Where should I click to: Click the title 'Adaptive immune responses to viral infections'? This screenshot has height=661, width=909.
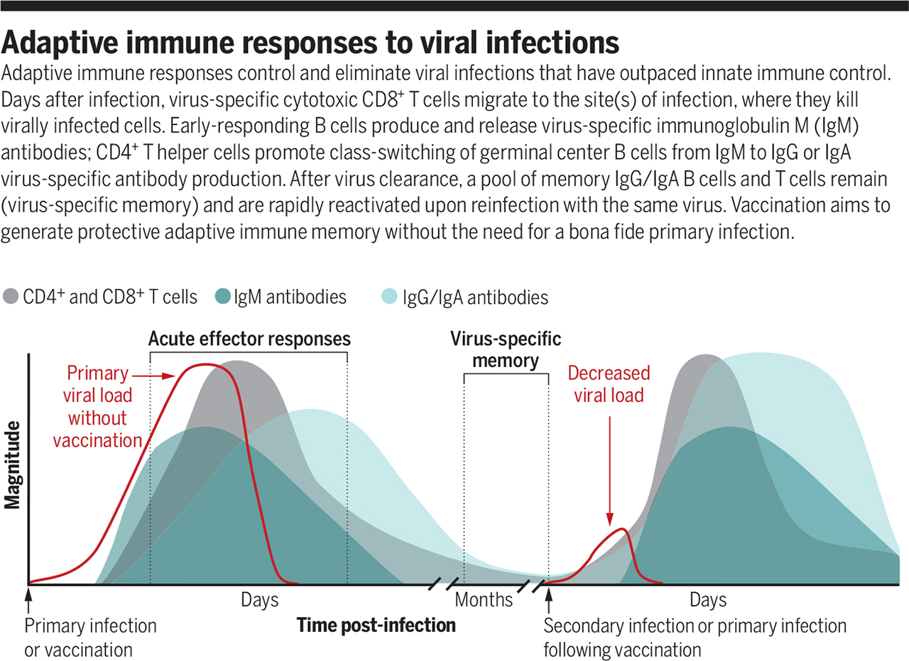point(312,43)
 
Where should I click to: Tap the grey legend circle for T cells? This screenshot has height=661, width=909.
point(12,297)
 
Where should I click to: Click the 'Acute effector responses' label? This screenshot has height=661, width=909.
point(249,339)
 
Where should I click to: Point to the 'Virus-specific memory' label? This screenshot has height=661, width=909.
point(506,349)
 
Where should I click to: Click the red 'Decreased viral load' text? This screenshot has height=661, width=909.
point(609,384)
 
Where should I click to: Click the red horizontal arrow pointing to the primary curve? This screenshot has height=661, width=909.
point(158,374)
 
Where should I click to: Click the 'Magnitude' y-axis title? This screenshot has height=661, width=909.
point(11,466)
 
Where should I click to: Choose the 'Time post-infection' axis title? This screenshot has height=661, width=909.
point(376,626)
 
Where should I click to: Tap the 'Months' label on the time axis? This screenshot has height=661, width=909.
point(484,601)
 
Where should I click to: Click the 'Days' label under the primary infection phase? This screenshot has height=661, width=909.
point(259,601)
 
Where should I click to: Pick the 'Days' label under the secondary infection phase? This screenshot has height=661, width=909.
point(708,601)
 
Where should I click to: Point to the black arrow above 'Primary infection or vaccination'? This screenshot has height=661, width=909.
point(28,601)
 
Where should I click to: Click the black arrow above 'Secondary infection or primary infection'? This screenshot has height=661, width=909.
point(548,601)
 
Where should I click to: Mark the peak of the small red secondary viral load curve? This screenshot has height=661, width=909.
point(623,529)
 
